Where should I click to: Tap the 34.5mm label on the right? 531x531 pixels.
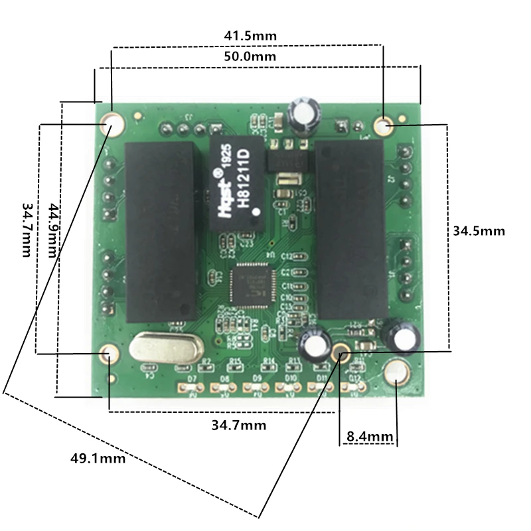click(x=479, y=231)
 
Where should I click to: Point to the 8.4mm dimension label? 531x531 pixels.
click(x=370, y=437)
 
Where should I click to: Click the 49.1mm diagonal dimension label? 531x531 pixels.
click(x=98, y=457)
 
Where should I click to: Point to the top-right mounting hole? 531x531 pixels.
click(x=383, y=125)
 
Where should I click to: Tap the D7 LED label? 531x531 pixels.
click(x=192, y=378)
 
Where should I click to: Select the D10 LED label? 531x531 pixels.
click(x=290, y=378)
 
